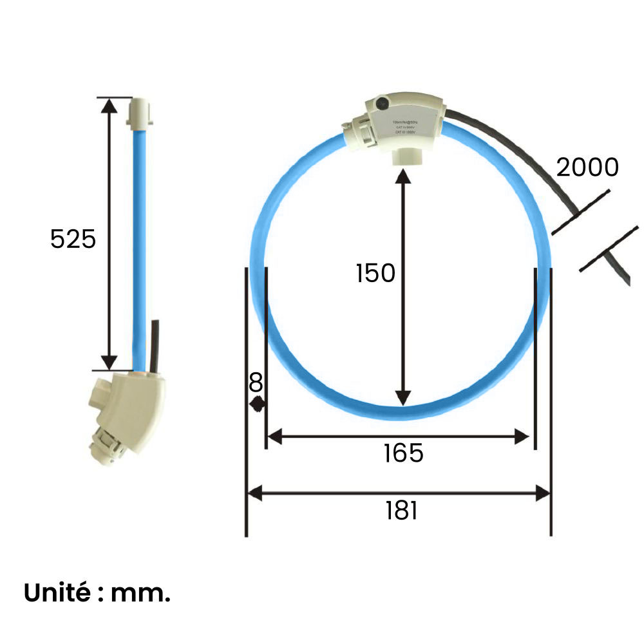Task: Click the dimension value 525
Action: click(73, 239)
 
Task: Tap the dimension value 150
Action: click(375, 273)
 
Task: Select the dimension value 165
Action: click(403, 453)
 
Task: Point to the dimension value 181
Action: click(402, 511)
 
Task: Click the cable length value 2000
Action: click(587, 167)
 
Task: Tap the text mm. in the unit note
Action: click(141, 593)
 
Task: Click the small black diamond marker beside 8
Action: click(258, 404)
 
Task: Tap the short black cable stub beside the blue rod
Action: click(154, 345)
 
